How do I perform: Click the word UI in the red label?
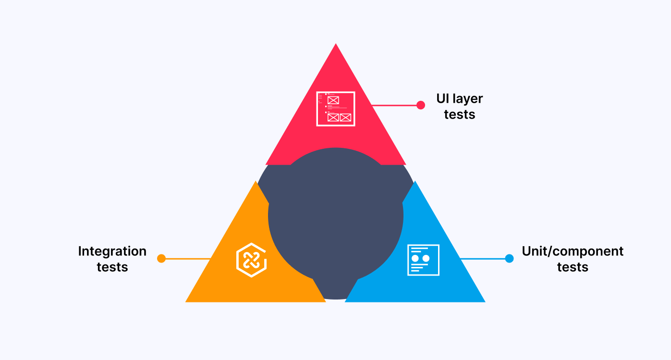click(x=443, y=99)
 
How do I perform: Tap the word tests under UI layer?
click(x=460, y=115)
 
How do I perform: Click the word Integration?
click(x=112, y=252)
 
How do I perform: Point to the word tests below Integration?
click(x=112, y=267)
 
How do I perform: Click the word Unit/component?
click(x=573, y=252)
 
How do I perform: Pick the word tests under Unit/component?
click(x=573, y=267)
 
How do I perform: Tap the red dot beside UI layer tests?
click(x=421, y=105)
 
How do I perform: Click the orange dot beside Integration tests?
click(x=161, y=259)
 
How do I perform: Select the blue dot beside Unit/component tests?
click(x=509, y=259)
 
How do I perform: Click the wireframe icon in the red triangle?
click(x=336, y=109)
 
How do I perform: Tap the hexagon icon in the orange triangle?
click(x=251, y=260)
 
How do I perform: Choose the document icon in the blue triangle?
click(x=423, y=260)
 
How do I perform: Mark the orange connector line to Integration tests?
click(x=187, y=259)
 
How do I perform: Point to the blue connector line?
click(x=483, y=259)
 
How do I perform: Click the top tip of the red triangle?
click(x=336, y=46)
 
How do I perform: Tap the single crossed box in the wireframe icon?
click(x=333, y=100)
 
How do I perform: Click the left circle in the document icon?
click(x=415, y=259)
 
